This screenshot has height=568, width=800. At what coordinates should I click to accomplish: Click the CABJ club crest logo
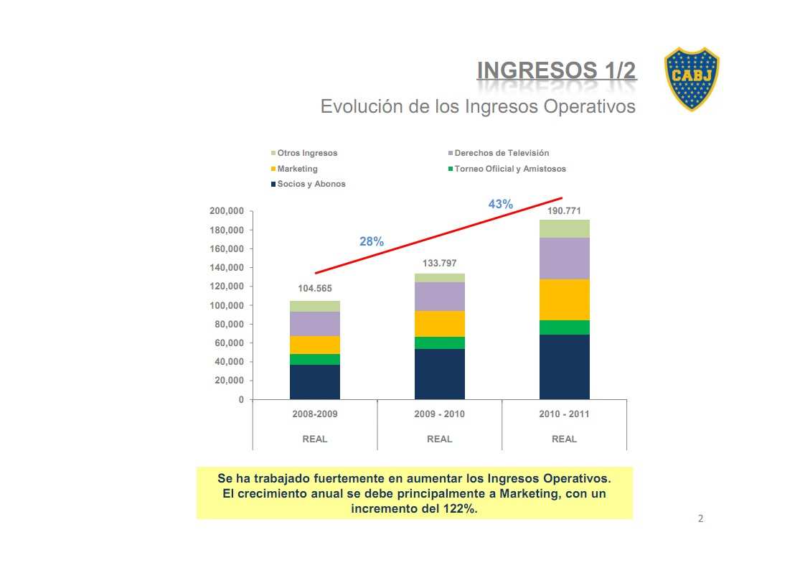691,79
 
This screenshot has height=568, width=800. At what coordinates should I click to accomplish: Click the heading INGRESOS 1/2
556,71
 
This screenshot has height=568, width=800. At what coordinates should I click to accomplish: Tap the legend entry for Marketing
297,169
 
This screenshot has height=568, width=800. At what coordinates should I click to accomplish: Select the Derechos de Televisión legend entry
502,153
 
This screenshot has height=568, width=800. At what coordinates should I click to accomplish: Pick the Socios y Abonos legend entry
311,184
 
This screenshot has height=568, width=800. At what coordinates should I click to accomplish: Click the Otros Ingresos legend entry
307,153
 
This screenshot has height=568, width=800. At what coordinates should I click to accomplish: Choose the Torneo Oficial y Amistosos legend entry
509,169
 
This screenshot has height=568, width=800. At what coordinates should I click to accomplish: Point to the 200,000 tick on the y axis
227,211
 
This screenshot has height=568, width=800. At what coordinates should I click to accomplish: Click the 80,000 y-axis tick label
230,324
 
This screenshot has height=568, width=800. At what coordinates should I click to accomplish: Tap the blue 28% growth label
372,242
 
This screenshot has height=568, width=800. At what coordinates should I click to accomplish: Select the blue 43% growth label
501,205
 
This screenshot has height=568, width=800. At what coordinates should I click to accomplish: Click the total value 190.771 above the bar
564,211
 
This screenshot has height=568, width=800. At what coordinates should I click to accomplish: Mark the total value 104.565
315,289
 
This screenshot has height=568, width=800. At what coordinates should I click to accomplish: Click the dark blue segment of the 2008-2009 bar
315,382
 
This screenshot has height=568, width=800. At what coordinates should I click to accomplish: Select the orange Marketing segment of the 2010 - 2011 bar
564,299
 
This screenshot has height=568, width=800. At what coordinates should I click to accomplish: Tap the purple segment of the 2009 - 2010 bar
439,297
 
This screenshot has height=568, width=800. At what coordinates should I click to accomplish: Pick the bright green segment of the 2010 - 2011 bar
564,327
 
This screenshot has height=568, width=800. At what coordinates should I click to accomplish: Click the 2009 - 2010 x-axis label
439,414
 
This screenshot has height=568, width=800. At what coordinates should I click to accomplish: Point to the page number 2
701,518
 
